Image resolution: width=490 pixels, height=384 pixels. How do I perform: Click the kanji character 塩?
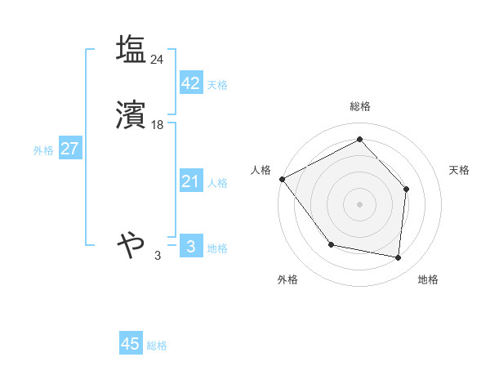point(131,50)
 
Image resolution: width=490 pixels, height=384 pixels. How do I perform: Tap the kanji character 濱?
point(131,117)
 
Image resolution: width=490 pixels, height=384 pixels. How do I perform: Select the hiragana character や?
point(131,243)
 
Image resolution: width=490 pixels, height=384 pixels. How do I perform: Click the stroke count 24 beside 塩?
point(157,59)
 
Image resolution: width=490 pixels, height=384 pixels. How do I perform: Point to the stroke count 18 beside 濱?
point(157,125)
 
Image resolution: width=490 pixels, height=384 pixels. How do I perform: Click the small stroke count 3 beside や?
point(158,256)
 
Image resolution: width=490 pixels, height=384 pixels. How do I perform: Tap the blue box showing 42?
point(190,84)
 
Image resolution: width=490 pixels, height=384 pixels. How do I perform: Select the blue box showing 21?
point(190,181)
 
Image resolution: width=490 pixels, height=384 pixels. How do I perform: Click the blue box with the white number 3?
point(190,246)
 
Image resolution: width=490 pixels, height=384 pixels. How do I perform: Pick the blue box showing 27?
point(69,150)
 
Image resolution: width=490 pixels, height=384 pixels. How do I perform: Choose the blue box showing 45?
point(131,344)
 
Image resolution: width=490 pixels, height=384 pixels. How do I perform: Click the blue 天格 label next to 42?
point(217,85)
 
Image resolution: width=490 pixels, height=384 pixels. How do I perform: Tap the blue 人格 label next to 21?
point(217,183)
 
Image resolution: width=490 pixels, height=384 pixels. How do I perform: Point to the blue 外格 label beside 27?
point(43,150)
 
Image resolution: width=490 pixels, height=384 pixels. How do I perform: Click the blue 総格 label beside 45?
point(157,346)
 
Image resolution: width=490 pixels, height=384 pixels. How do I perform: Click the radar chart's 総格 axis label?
point(359,106)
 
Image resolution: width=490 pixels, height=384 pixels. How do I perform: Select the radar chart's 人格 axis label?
point(261,170)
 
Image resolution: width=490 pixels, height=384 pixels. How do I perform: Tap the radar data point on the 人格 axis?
point(282,179)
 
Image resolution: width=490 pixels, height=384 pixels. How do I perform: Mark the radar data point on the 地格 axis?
point(398,258)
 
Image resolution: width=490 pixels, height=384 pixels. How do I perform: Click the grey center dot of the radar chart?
point(359,203)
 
